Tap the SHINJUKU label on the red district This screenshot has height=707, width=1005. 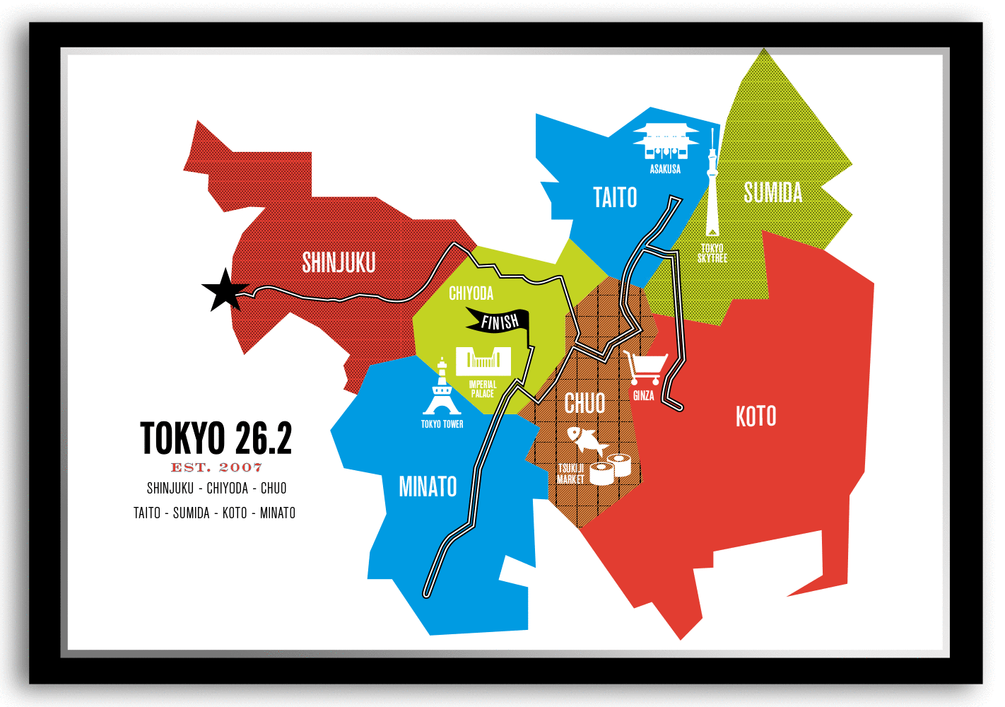tap(339, 262)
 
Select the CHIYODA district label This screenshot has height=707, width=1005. tap(471, 293)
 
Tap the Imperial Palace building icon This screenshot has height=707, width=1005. tap(483, 361)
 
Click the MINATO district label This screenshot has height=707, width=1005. tap(428, 486)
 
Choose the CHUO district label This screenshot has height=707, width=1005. tap(584, 404)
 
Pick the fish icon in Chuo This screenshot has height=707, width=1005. tap(587, 440)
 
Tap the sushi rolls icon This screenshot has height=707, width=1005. tap(611, 469)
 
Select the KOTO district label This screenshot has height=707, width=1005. tap(756, 416)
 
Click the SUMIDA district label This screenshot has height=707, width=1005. tap(772, 192)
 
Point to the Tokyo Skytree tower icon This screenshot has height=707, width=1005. tap(712, 191)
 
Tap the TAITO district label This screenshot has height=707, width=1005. tap(615, 197)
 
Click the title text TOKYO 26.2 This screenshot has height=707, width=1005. tap(216, 438)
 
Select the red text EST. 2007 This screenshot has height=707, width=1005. tap(216, 467)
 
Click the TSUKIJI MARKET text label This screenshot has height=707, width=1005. tap(570, 474)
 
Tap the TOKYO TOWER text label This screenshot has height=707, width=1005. tap(442, 424)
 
